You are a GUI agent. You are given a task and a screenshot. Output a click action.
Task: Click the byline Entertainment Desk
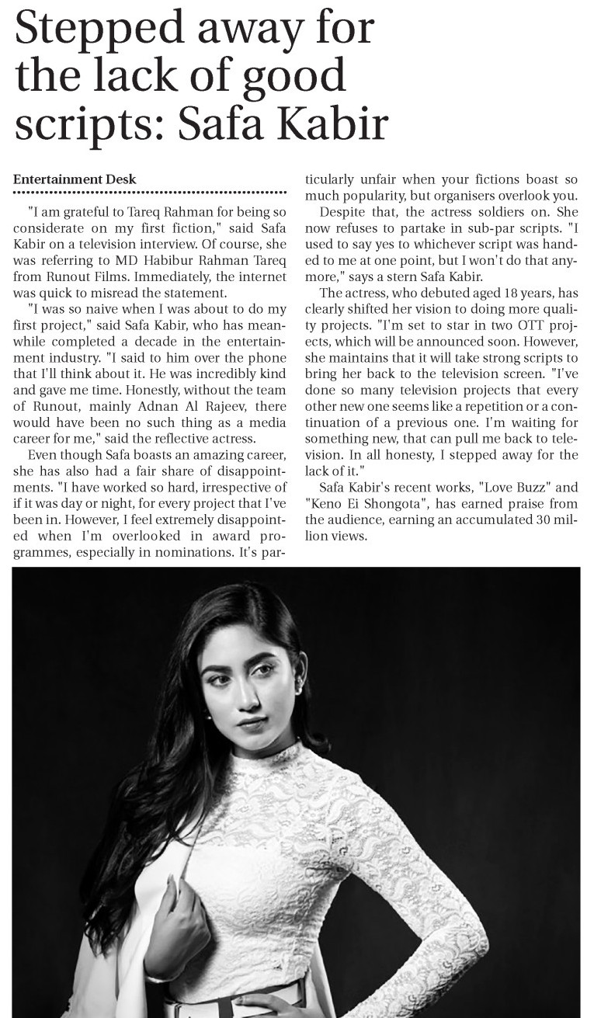click(x=75, y=179)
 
